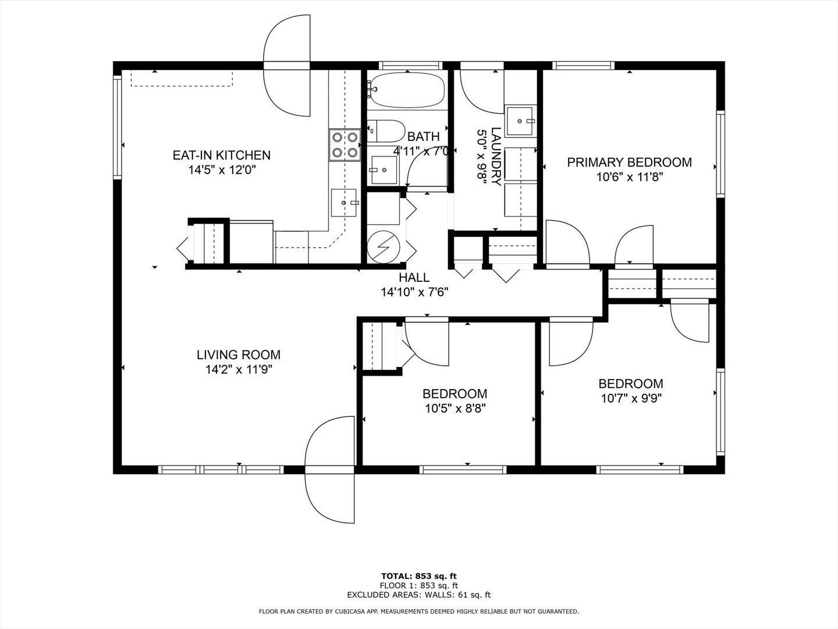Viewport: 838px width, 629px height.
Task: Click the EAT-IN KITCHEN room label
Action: (222, 156)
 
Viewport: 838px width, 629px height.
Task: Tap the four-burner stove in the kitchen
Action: (345, 145)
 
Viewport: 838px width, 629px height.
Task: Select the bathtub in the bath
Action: (408, 90)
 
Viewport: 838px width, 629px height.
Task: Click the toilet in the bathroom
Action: (386, 131)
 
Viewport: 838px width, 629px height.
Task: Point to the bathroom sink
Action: (383, 169)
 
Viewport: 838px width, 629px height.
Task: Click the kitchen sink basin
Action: (343, 203)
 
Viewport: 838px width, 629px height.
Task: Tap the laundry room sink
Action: (519, 122)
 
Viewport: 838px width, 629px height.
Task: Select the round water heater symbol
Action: (384, 247)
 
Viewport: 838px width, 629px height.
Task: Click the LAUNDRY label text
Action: (496, 157)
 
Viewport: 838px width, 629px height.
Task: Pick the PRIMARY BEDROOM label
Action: (629, 162)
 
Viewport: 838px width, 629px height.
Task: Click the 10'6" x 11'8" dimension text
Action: (629, 177)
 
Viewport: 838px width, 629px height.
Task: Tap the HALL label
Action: (414, 277)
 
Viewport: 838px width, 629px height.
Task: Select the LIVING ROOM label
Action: (239, 355)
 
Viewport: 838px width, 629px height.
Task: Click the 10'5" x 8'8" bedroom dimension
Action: (455, 409)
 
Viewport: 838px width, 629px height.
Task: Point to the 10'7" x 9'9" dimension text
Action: (631, 398)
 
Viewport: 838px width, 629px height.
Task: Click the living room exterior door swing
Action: (330, 470)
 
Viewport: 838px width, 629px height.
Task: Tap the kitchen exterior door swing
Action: (287, 66)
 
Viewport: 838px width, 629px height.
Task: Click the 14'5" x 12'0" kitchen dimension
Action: (222, 170)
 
